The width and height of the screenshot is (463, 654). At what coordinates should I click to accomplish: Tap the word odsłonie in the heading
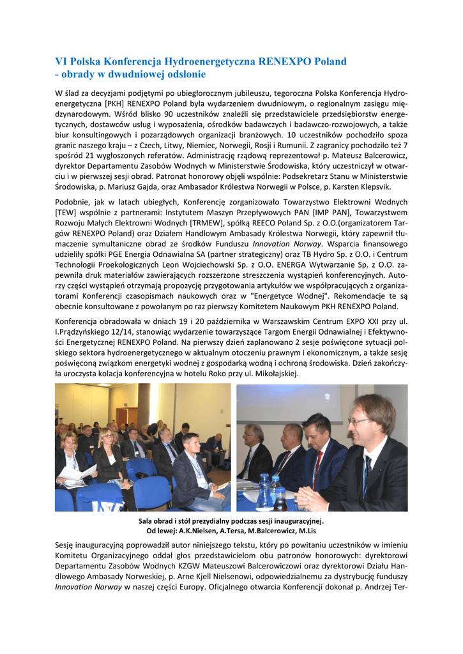pos(185,75)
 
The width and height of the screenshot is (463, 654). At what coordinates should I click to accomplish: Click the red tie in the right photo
pos(317,466)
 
